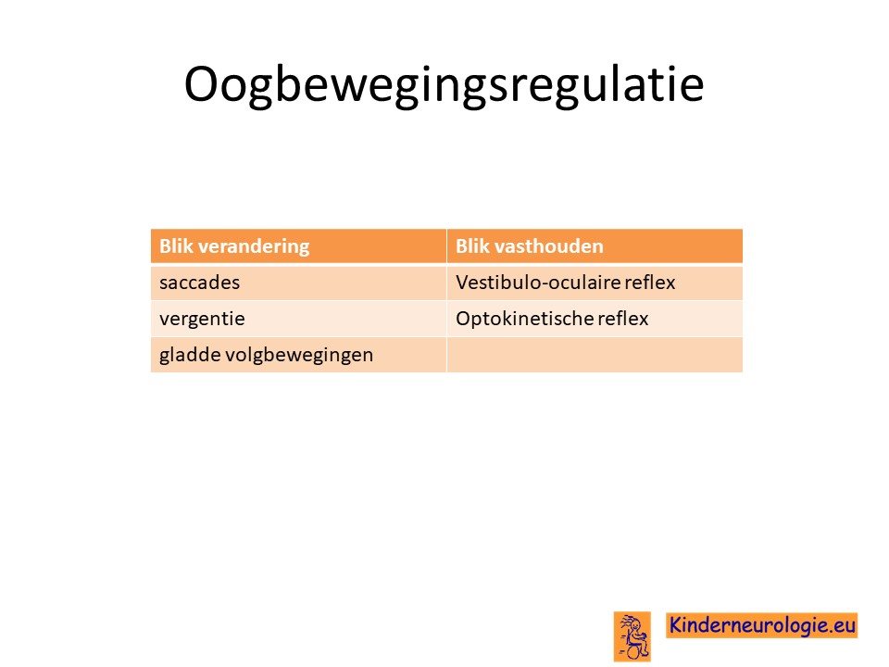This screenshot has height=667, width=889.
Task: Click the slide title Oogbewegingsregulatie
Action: click(x=444, y=85)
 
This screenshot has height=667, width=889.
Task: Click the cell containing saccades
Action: click(x=299, y=282)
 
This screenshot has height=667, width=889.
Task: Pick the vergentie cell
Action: click(x=299, y=318)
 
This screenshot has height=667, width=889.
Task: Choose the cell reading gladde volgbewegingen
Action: click(x=299, y=355)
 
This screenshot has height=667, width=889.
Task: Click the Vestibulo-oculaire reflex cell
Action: click(x=595, y=282)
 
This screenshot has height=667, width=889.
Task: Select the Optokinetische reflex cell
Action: click(x=595, y=318)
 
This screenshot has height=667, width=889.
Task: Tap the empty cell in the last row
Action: click(x=595, y=355)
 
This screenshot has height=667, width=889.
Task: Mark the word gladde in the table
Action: click(x=190, y=355)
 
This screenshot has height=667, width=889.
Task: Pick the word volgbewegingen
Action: click(x=299, y=355)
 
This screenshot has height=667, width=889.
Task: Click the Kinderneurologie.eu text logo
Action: click(x=761, y=625)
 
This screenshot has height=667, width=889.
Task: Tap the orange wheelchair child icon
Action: click(x=632, y=636)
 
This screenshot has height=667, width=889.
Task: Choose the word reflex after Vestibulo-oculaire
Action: click(x=650, y=282)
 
